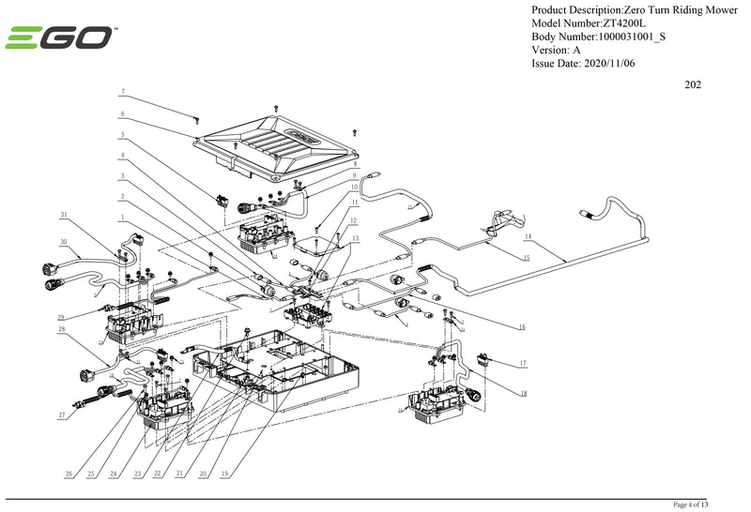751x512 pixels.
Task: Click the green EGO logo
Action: point(61,38)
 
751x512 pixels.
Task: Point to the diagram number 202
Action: point(693,84)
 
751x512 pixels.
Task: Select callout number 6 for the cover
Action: point(122,113)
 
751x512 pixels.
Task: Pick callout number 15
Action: point(526,257)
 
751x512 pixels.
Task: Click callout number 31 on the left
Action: point(64,215)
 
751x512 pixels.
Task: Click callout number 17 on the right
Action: point(522,363)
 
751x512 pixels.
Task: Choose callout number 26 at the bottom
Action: point(69,474)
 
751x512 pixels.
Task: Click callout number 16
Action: point(522,327)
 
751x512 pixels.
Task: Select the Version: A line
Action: point(556,50)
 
